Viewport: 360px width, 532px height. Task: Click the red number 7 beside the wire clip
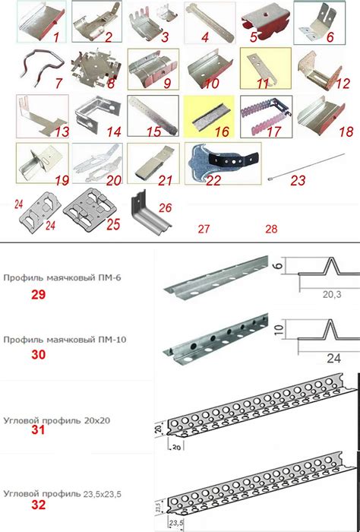click(x=58, y=83)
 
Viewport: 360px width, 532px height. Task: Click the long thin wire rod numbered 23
click(x=306, y=166)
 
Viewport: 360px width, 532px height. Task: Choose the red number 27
click(x=204, y=230)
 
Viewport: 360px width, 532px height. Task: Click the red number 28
click(x=272, y=230)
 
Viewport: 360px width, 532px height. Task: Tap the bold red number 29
click(x=38, y=295)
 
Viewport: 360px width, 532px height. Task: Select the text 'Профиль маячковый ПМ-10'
click(x=65, y=339)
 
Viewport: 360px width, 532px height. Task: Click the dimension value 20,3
click(x=332, y=295)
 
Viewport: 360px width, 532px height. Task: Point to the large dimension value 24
click(x=333, y=358)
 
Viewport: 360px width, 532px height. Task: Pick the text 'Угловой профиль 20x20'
click(x=57, y=421)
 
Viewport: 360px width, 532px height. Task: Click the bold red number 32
click(x=38, y=505)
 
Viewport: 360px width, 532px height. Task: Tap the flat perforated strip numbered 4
click(x=210, y=22)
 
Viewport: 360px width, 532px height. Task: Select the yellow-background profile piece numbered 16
click(x=209, y=117)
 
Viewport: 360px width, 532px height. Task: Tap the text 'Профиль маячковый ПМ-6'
click(x=62, y=278)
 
